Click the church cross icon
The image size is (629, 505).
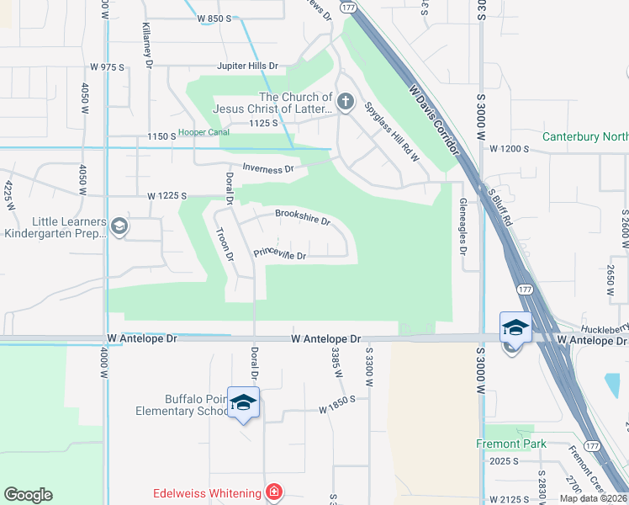coord(345,103)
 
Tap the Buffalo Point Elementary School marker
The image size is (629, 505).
coord(243,403)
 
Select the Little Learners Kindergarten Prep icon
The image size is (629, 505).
coord(119,226)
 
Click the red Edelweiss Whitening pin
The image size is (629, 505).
coord(273,492)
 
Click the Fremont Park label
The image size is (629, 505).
coord(511,444)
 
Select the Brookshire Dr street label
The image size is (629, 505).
coord(302,217)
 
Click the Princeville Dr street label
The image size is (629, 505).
coord(279,254)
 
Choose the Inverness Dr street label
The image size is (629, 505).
coord(267,168)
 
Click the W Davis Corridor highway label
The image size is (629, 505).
coord(434,119)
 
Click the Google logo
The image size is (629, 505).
coord(28,495)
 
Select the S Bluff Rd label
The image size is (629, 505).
coord(499,208)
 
